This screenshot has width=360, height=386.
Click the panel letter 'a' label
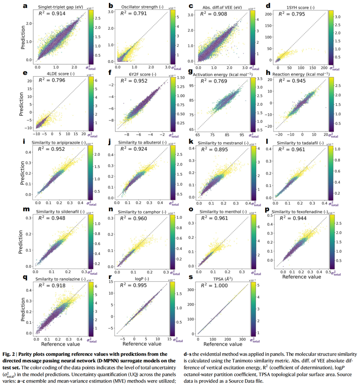point(25,6)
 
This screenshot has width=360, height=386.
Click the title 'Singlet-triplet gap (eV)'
point(60,7)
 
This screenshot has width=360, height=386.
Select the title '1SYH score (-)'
point(300,7)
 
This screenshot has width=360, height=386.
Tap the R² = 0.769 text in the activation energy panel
point(214,81)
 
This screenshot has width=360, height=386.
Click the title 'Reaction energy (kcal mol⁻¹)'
point(301,74)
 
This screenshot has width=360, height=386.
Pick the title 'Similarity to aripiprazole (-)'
point(58,143)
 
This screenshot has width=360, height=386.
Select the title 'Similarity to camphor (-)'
point(142,212)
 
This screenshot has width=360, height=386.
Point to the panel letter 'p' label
point(267,210)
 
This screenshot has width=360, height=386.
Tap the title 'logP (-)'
point(142,279)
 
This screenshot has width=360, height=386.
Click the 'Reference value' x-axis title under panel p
point(302,277)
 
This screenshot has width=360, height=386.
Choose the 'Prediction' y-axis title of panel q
point(23,309)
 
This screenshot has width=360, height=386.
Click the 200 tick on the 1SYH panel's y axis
point(268,14)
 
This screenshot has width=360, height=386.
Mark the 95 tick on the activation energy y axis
point(192,86)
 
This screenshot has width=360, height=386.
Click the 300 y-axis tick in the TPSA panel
point(191,290)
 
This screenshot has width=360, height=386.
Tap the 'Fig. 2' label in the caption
point(9,354)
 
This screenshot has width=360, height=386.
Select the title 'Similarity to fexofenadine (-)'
point(300,212)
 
